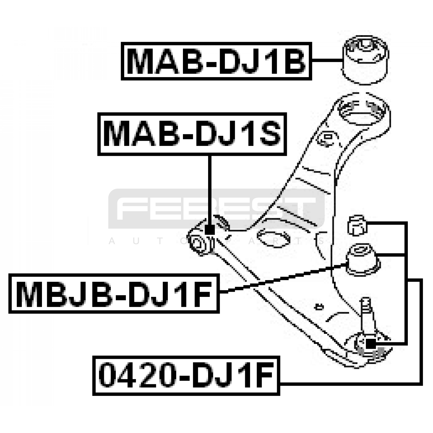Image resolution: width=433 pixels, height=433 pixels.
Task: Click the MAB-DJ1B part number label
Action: pos(216,61)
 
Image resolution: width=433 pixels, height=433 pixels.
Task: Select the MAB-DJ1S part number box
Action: pos(192,134)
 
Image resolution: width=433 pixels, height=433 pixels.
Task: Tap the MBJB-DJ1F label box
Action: pos(114,294)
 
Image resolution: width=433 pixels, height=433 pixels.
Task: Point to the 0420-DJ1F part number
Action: pos(186,376)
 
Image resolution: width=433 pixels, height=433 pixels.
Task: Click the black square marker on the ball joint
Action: pos(370,344)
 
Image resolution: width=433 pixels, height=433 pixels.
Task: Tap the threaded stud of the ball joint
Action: pos(366,311)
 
